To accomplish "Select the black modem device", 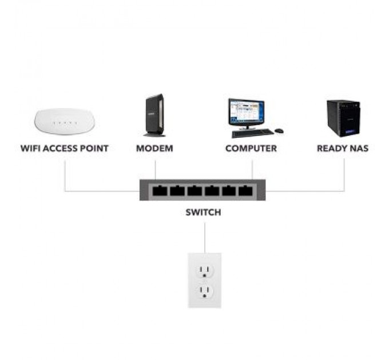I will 154,115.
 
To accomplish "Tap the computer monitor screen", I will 246,111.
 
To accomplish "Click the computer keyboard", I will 252,133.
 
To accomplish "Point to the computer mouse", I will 279,131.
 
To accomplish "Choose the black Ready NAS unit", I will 343,118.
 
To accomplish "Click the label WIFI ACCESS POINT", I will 65,149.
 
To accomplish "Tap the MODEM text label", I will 154,149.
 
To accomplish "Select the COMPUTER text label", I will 251,149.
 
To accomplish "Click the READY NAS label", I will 343,149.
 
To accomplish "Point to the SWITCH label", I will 203,213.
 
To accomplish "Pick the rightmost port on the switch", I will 245,191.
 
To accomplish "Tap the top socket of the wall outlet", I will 204,271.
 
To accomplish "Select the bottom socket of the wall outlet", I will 204,292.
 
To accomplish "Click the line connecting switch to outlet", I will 204,237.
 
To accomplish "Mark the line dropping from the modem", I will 155,170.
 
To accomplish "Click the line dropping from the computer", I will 252,170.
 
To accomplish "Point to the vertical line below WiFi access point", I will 65,174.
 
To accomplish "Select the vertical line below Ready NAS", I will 344,174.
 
